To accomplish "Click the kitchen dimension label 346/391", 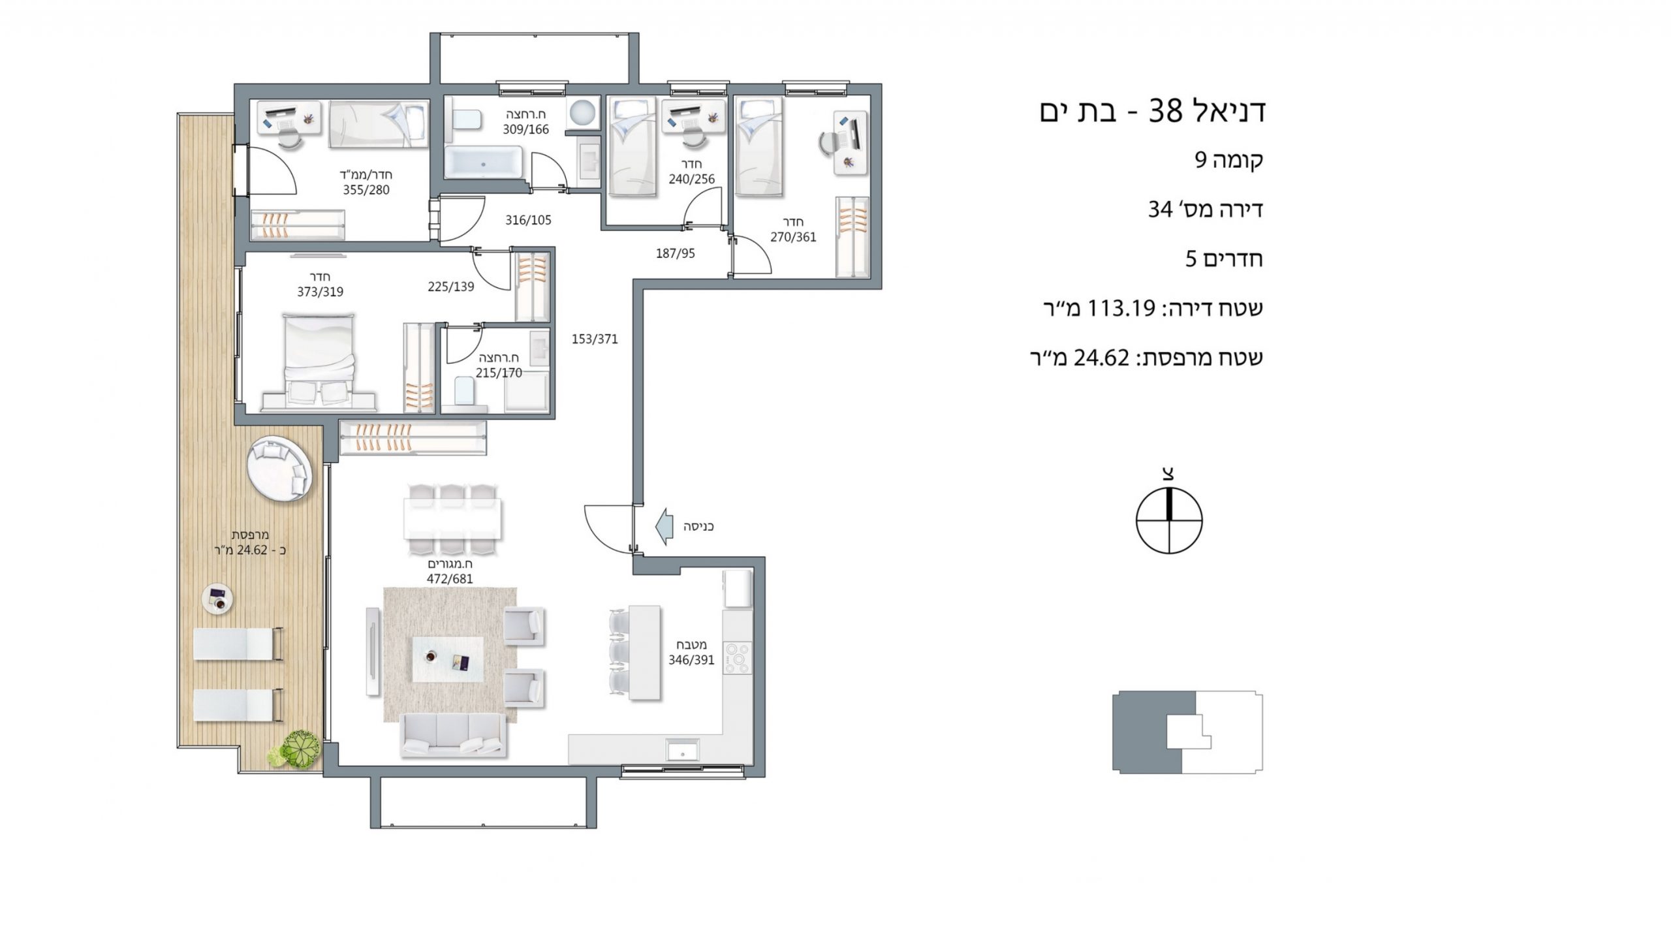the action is pos(691,660).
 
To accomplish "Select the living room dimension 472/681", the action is pos(449,578).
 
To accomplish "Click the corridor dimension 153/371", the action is pos(595,339).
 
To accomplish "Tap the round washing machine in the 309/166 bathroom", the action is pos(582,112).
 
